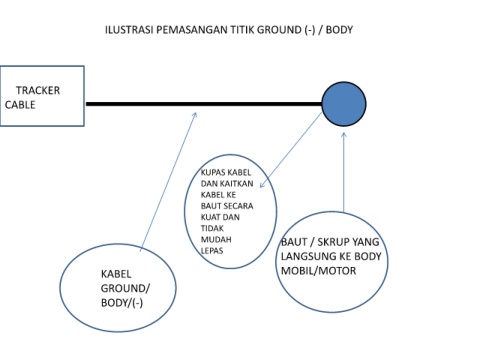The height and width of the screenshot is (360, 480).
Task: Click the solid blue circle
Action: (x=344, y=104)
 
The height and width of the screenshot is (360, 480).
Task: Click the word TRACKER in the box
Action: (x=38, y=90)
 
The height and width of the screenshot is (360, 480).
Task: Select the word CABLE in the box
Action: (x=20, y=105)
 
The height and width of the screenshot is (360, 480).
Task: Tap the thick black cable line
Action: (x=204, y=104)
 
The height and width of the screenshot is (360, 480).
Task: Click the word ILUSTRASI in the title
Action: (x=129, y=30)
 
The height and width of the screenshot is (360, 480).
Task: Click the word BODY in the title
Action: (x=339, y=30)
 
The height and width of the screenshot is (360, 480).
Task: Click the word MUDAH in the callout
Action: (x=216, y=239)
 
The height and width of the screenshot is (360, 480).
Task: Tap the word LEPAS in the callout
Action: (x=212, y=250)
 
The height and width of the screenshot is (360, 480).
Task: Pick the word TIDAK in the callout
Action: (x=212, y=228)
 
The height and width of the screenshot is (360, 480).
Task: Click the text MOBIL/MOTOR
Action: (x=318, y=270)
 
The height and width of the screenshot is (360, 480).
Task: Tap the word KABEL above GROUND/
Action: (x=116, y=274)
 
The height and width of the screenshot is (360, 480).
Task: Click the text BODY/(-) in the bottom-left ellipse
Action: (x=122, y=303)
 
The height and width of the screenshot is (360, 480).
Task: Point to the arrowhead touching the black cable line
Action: (x=195, y=114)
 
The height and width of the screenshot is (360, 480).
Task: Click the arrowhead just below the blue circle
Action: (x=344, y=135)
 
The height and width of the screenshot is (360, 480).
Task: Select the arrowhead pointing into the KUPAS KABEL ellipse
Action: (x=262, y=184)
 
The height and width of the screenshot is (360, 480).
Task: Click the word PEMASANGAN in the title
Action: (x=192, y=30)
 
